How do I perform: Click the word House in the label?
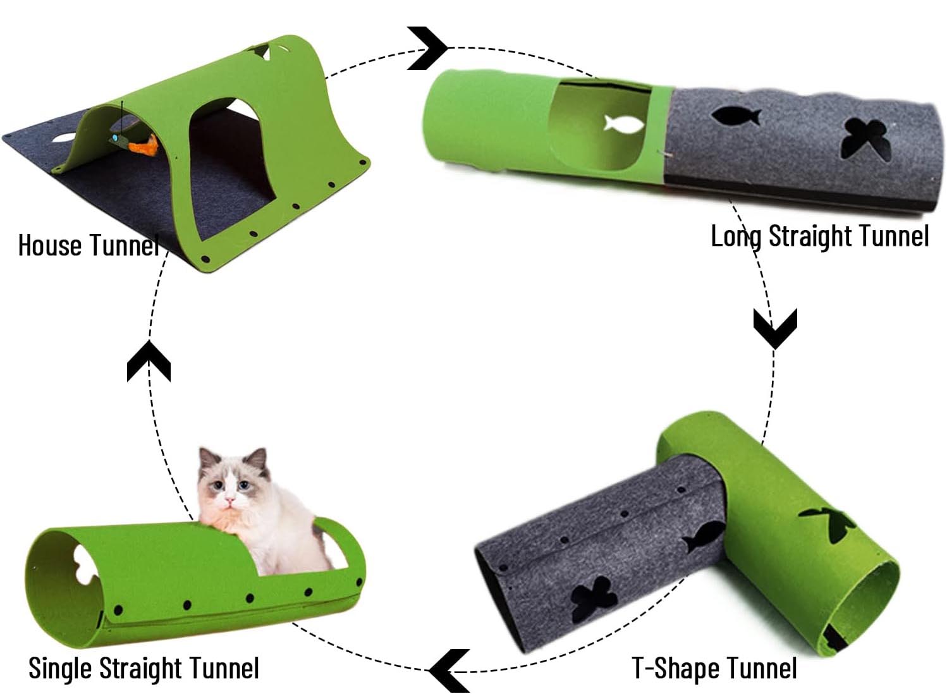pyautogui.click(x=51, y=246)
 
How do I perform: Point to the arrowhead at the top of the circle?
pyautogui.click(x=427, y=48)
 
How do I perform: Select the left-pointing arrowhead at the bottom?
pyautogui.click(x=449, y=671)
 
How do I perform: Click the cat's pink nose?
pyautogui.click(x=230, y=501)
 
